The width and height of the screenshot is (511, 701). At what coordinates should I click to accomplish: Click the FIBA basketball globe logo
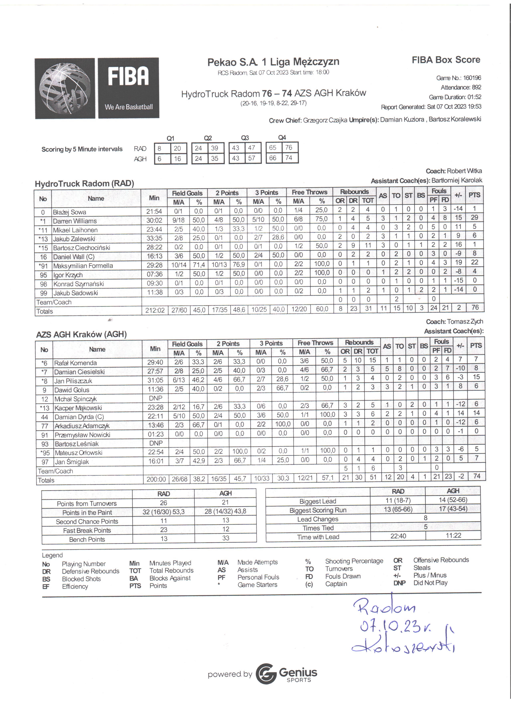65,88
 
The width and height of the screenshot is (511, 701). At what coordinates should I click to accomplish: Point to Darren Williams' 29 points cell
474,218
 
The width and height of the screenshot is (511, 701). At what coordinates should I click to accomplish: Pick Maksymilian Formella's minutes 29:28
154,265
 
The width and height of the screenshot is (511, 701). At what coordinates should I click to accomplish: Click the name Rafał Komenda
76,363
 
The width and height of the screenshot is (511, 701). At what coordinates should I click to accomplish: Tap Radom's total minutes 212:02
155,310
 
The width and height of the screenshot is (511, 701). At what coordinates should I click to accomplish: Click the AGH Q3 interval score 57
251,158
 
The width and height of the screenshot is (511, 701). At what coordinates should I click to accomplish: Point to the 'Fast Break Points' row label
87,530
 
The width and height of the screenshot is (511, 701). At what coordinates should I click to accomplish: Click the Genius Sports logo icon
266,674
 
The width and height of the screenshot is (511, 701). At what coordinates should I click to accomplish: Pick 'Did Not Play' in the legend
430,583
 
